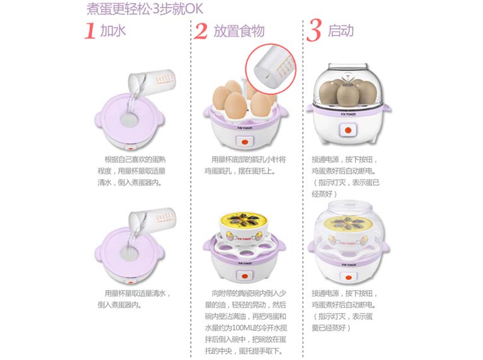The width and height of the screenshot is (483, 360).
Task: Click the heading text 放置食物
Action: pos(238,31)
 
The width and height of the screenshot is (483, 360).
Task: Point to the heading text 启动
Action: pos(340,30)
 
